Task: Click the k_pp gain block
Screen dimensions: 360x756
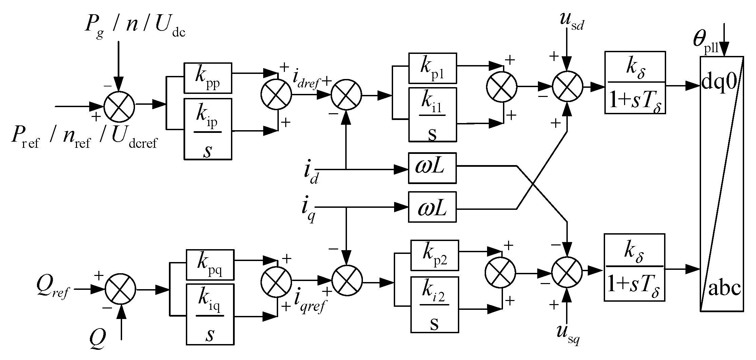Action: (208, 78)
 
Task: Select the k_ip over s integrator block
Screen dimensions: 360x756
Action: (208, 129)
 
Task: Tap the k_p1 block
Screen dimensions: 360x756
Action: (432, 68)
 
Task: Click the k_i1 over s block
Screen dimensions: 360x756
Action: (432, 115)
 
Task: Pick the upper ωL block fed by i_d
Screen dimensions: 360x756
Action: (432, 168)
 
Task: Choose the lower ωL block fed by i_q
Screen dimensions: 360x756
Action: (432, 207)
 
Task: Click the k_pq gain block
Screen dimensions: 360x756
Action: (210, 265)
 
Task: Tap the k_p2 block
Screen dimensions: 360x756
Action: (434, 256)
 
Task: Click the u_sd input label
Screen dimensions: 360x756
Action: (571, 22)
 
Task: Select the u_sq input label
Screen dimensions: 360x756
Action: (568, 334)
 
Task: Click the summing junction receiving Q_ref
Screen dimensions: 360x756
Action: (120, 289)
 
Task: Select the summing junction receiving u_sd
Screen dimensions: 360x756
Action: (567, 86)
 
